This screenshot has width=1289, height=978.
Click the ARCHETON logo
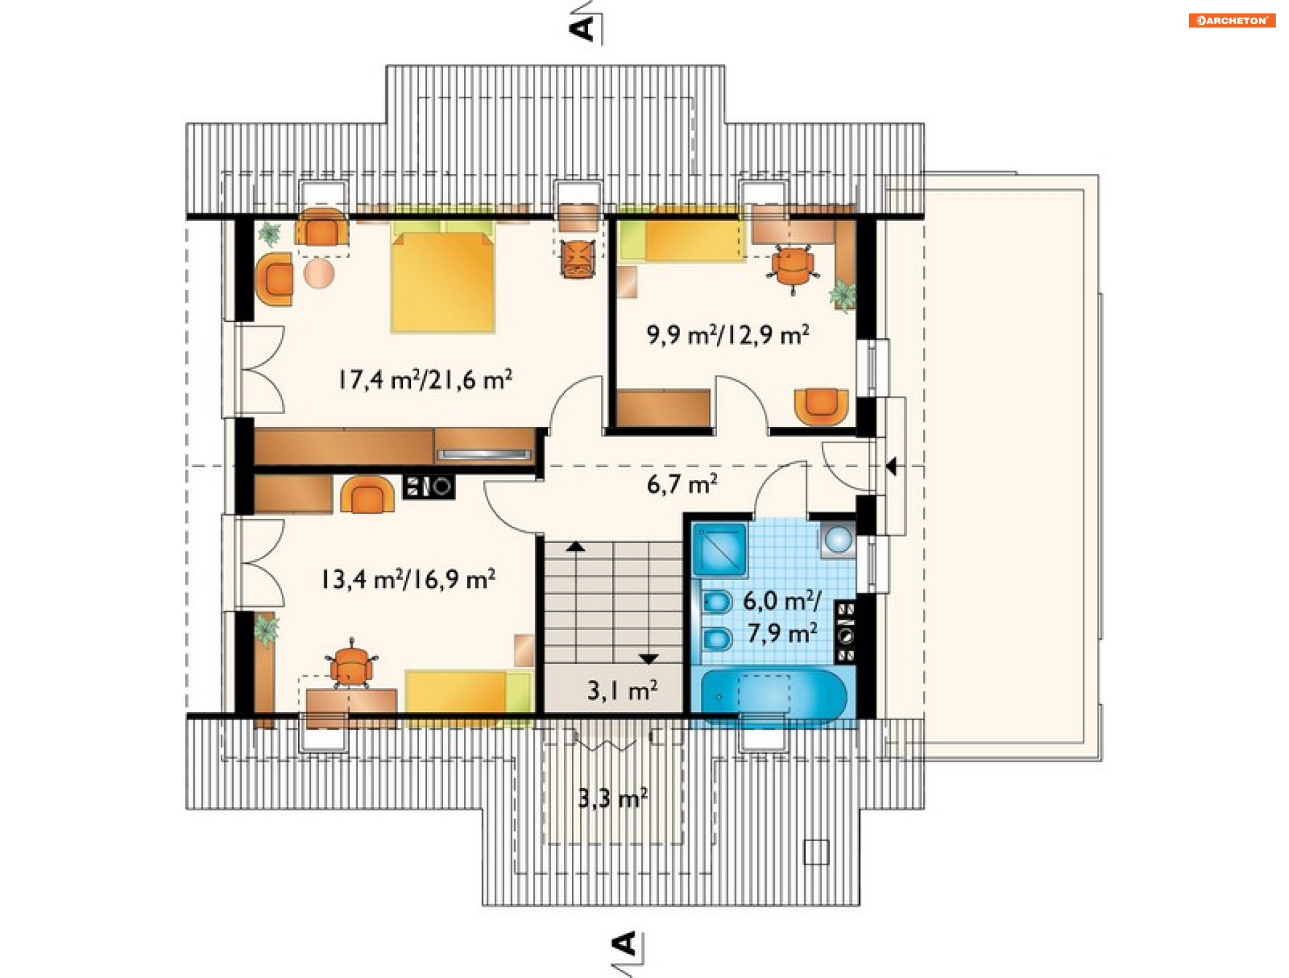(x=1231, y=20)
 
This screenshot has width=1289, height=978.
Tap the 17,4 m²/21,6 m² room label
(x=425, y=380)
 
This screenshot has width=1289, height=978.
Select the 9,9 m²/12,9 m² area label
(x=728, y=334)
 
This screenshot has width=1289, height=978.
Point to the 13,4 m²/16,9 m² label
(x=408, y=579)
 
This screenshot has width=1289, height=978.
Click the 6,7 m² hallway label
(x=682, y=484)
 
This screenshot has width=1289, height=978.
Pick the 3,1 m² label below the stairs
(x=622, y=690)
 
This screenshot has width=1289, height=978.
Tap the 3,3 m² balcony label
(x=613, y=798)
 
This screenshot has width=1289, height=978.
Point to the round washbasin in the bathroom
(x=838, y=539)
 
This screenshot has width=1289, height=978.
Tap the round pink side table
(x=319, y=274)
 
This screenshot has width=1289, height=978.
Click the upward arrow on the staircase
(x=575, y=546)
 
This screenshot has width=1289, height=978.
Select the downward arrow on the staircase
(x=648, y=659)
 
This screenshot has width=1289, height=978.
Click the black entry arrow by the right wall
(x=891, y=466)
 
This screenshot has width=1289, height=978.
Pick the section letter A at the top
(x=581, y=28)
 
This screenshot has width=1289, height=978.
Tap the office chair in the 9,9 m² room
(x=793, y=267)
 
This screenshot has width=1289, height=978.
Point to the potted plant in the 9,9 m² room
(x=843, y=295)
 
